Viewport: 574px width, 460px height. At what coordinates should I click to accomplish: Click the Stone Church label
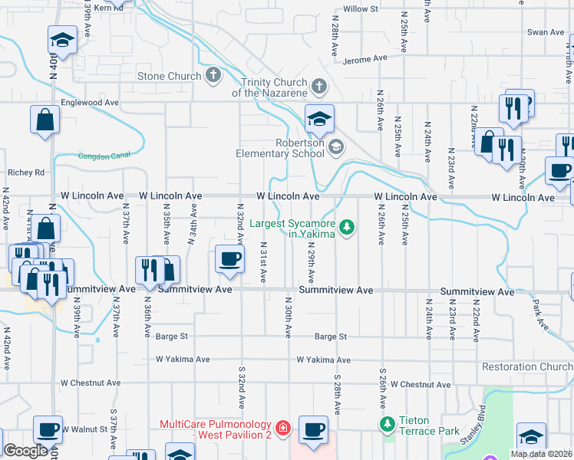(x=169, y=76)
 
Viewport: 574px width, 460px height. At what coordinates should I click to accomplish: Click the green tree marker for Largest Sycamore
(x=348, y=227)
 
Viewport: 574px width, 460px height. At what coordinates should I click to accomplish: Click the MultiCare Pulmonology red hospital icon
(x=282, y=426)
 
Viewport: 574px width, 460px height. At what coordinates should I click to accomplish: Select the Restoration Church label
(x=527, y=366)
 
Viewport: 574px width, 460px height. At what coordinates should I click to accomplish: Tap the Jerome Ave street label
(x=366, y=60)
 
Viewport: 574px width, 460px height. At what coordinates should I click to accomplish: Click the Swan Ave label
(x=545, y=32)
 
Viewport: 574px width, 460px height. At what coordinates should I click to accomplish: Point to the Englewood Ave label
(x=90, y=102)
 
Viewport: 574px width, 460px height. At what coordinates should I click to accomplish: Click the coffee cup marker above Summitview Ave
(x=229, y=258)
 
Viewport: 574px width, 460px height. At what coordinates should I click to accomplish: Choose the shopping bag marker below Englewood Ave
(x=45, y=120)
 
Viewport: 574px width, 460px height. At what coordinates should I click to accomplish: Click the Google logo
(x=25, y=451)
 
